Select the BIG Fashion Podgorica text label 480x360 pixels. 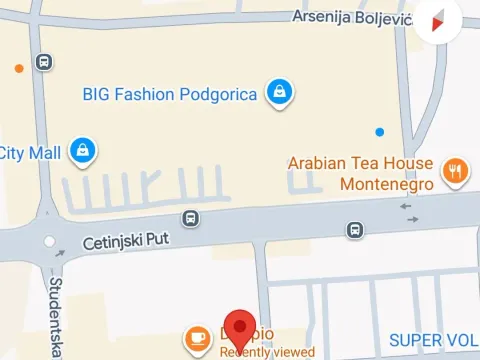pyautogui.click(x=169, y=95)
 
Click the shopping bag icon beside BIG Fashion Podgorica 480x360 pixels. pyautogui.click(x=279, y=94)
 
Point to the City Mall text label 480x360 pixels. pyautogui.click(x=31, y=152)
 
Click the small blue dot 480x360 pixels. pyautogui.click(x=378, y=132)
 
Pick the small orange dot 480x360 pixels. pyautogui.click(x=18, y=69)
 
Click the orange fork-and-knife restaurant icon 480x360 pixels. pyautogui.click(x=455, y=171)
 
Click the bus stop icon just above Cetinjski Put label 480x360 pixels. pyautogui.click(x=190, y=218)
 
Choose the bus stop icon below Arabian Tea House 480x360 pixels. pyautogui.click(x=354, y=230)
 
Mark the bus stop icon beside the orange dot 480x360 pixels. pyautogui.click(x=44, y=62)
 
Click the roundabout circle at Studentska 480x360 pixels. pyautogui.click(x=48, y=242)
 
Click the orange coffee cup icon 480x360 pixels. pyautogui.click(x=198, y=337)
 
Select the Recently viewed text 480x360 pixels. pyautogui.click(x=267, y=351)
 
